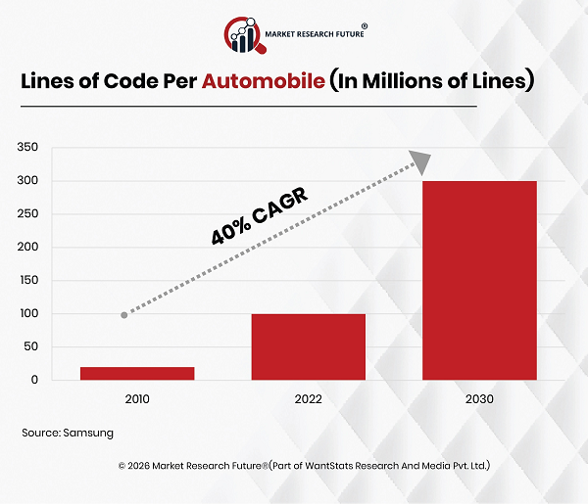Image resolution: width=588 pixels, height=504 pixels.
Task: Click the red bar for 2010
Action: pyautogui.click(x=137, y=373)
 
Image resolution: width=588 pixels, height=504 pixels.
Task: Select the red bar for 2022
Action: pyautogui.click(x=308, y=346)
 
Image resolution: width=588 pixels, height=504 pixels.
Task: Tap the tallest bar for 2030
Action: pyautogui.click(x=479, y=280)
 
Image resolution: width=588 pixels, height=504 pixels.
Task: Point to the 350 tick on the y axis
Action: pyautogui.click(x=28, y=148)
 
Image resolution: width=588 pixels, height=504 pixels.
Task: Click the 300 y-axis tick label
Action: pyautogui.click(x=28, y=181)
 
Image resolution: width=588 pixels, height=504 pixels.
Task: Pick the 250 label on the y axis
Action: pyautogui.click(x=28, y=214)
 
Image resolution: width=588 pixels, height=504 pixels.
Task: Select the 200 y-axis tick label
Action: pyautogui.click(x=28, y=248)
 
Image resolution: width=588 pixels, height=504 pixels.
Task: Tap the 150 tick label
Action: pyautogui.click(x=28, y=281)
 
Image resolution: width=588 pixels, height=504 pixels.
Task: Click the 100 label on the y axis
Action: pyautogui.click(x=28, y=314)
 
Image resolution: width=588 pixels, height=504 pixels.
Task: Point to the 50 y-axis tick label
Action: pyautogui.click(x=31, y=347)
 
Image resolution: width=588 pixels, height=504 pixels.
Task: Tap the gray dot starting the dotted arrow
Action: pyautogui.click(x=124, y=314)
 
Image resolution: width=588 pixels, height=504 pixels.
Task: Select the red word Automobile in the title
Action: pyautogui.click(x=264, y=81)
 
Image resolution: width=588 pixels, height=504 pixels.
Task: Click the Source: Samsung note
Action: pyautogui.click(x=68, y=432)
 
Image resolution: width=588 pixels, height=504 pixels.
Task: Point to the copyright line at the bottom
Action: pyautogui.click(x=304, y=466)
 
